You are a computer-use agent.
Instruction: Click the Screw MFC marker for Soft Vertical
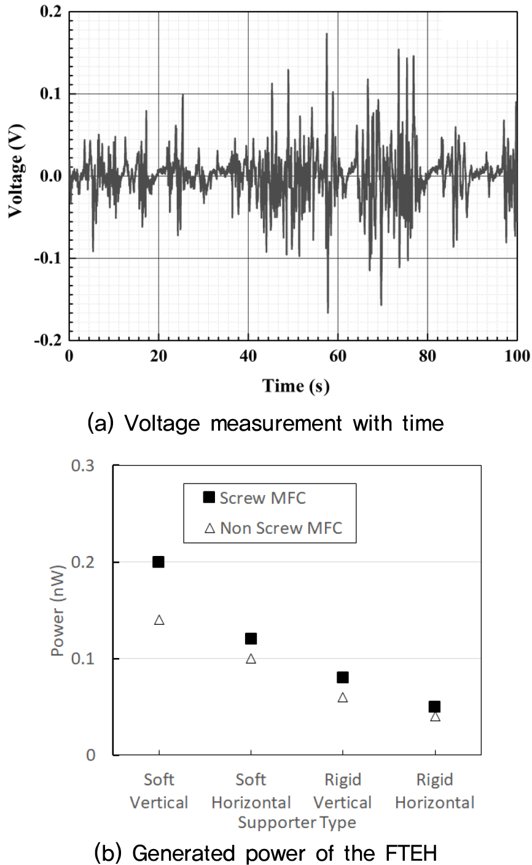click(x=158, y=562)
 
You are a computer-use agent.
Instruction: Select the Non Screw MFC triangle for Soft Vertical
click(x=159, y=620)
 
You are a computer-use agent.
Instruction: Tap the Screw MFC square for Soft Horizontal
click(x=251, y=638)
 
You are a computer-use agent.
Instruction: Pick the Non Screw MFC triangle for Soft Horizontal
click(x=251, y=659)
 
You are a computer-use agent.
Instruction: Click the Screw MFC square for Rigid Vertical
click(x=343, y=677)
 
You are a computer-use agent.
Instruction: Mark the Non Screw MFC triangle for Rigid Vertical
click(x=343, y=697)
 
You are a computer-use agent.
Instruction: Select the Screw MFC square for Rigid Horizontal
click(x=435, y=706)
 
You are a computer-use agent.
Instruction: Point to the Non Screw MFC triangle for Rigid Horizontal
click(x=435, y=716)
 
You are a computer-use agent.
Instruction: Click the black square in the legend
click(x=209, y=498)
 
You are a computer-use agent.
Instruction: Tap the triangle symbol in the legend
click(x=209, y=528)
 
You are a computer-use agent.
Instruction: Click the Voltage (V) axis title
click(x=17, y=176)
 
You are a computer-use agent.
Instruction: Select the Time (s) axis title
click(x=295, y=386)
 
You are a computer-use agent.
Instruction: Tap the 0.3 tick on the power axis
click(x=84, y=466)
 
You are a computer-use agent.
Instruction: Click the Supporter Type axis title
click(x=297, y=822)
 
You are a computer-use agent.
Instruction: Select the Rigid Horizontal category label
click(x=434, y=791)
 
